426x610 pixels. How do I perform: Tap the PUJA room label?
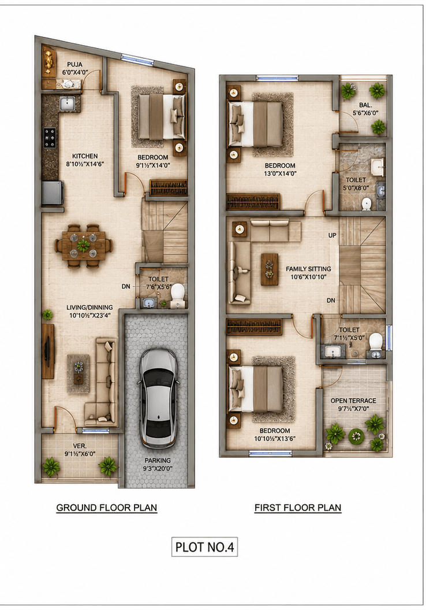click(74, 65)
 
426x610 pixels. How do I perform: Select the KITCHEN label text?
click(85, 156)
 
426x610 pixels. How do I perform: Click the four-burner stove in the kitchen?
click(50, 138)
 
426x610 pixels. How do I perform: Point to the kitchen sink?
click(67, 103)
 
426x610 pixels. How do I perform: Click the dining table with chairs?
click(84, 246)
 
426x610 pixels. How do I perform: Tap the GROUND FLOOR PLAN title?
click(107, 508)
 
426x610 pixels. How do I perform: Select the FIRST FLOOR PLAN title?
click(298, 508)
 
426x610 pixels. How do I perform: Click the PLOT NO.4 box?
click(205, 547)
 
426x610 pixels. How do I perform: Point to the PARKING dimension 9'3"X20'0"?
click(158, 469)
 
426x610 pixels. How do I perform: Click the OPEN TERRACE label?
click(353, 401)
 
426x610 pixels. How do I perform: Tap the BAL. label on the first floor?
click(365, 105)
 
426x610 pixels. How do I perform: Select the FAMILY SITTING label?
click(308, 269)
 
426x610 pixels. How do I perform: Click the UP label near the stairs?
click(332, 235)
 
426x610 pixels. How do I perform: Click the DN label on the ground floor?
click(126, 286)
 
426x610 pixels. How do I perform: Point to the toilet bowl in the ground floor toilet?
click(178, 293)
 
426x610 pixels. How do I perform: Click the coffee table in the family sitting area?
click(270, 269)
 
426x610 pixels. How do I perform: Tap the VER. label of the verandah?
click(80, 446)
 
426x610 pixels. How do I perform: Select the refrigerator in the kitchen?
click(53, 193)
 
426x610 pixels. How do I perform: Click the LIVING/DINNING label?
click(89, 308)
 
